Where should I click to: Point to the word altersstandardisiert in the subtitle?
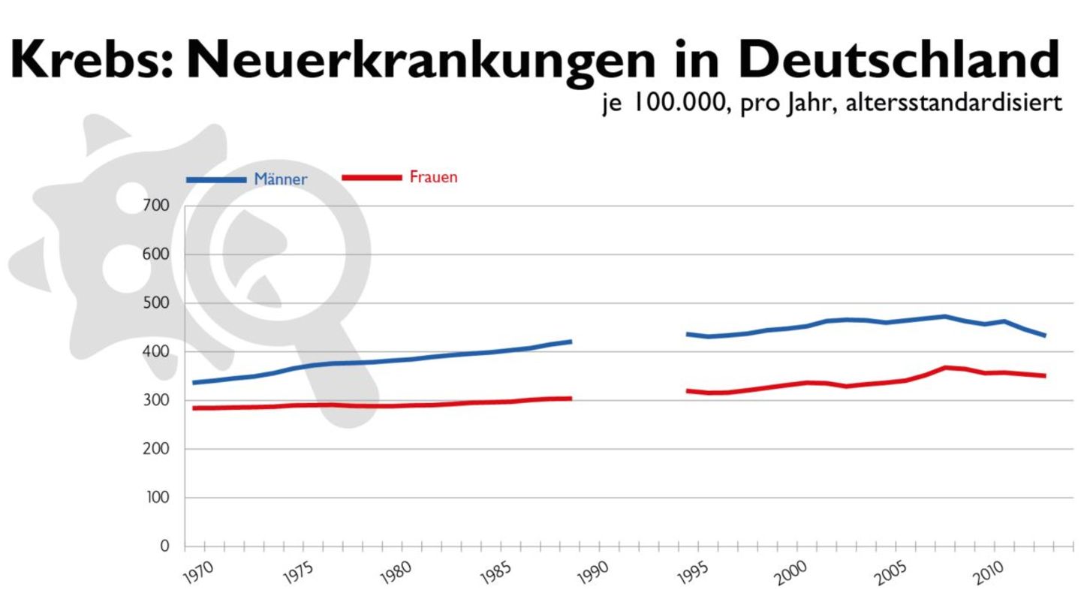tap(953, 104)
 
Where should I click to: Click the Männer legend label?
tap(281, 180)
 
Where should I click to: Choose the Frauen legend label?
tap(433, 178)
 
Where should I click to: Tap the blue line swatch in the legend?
tap(216, 180)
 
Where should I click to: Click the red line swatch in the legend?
tap(372, 178)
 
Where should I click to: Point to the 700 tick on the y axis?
tap(155, 205)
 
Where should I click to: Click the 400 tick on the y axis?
tap(155, 352)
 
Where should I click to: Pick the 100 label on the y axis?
tap(155, 498)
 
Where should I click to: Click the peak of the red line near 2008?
tap(946, 367)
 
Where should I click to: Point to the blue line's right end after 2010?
tap(1045, 335)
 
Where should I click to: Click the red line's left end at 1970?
tap(194, 408)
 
